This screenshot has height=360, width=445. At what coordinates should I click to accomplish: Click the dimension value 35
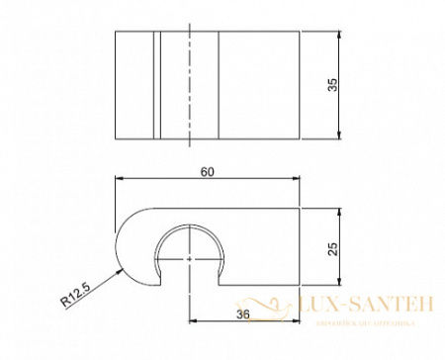pos(332,86)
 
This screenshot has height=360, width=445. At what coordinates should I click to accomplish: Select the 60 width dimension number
pos(208,171)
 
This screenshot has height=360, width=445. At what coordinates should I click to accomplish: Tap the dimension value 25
pos(332,249)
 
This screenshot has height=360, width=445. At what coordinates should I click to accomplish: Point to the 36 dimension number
pos(243,314)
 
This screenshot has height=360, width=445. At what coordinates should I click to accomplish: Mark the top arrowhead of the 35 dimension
pos(339,36)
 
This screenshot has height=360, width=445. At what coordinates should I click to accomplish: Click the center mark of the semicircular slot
pos(189,257)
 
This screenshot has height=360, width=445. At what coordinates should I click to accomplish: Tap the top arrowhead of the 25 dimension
pos(339,213)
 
